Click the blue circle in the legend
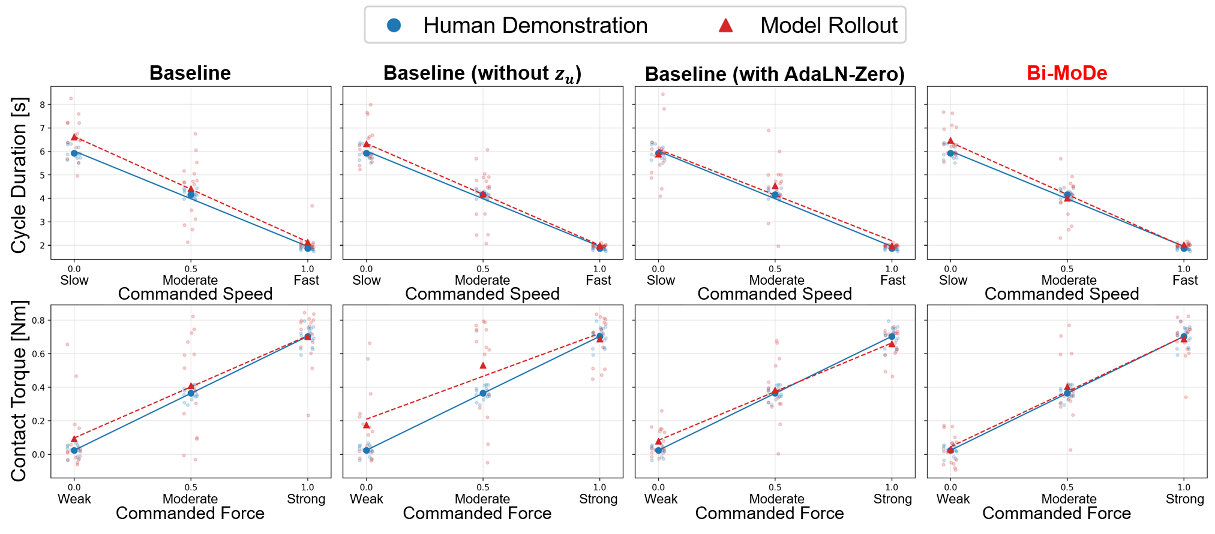394,25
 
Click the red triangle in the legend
725,25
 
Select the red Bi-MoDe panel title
1067,73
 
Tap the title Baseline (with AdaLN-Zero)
775,74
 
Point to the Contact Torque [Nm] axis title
19,391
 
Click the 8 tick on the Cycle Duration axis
43,105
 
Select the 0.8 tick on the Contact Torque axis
39,321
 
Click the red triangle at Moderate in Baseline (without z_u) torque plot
482,365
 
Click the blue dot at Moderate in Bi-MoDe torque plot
1067,393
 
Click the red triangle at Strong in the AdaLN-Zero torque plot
891,344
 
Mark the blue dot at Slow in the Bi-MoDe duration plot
950,153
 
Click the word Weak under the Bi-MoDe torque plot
953,499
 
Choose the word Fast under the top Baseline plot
306,281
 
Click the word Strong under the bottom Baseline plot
306,499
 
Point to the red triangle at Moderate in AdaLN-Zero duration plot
775,186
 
